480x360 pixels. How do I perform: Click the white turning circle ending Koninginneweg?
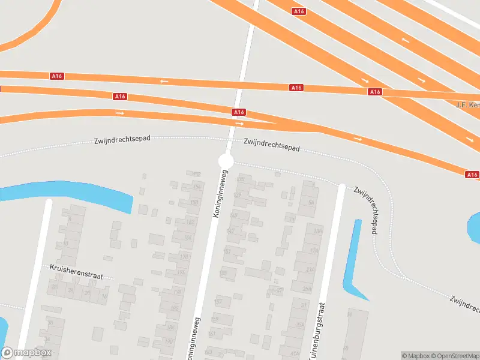pyautogui.click(x=226, y=161)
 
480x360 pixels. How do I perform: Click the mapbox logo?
pyautogui.click(x=26, y=353)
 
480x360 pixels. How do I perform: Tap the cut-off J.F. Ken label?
pyautogui.click(x=468, y=105)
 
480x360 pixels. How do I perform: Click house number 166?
pyautogui.click(x=188, y=238)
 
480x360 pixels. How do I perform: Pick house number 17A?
pyautogui.click(x=314, y=251)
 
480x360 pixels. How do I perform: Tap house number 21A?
pyautogui.click(x=310, y=269)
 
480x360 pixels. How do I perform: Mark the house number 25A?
pyautogui.click(x=307, y=289)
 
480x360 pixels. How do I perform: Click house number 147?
pyautogui.click(x=230, y=230)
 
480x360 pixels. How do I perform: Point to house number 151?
pyautogui.click(x=227, y=251)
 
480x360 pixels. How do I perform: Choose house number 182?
pyautogui.click(x=175, y=308)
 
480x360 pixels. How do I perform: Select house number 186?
pyautogui.click(x=170, y=328)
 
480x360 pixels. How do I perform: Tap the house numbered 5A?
pyautogui.click(x=311, y=202)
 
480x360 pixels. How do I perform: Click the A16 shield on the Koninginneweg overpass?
pyautogui.click(x=239, y=112)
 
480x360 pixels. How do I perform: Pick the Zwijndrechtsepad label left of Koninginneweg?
pyautogui.click(x=122, y=139)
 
